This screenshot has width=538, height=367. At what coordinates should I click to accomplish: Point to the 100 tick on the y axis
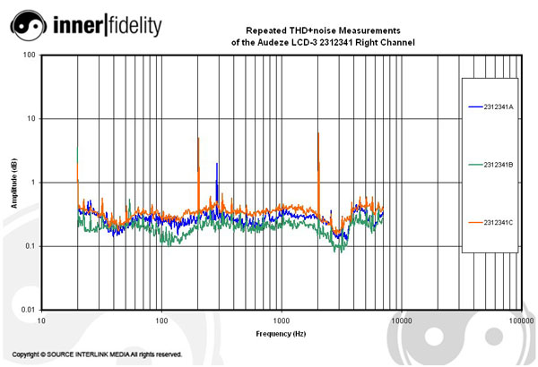pyautogui.click(x=30, y=55)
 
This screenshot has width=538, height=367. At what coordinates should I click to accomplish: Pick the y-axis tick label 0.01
pyautogui.click(x=28, y=309)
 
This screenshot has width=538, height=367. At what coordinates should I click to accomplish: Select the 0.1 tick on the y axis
pyautogui.click(x=30, y=246)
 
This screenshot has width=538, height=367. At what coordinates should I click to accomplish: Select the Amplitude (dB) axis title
pyautogui.click(x=14, y=183)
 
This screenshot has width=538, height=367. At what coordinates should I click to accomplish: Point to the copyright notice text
pyautogui.click(x=97, y=354)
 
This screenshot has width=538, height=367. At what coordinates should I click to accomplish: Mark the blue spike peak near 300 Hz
pyautogui.click(x=217, y=166)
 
